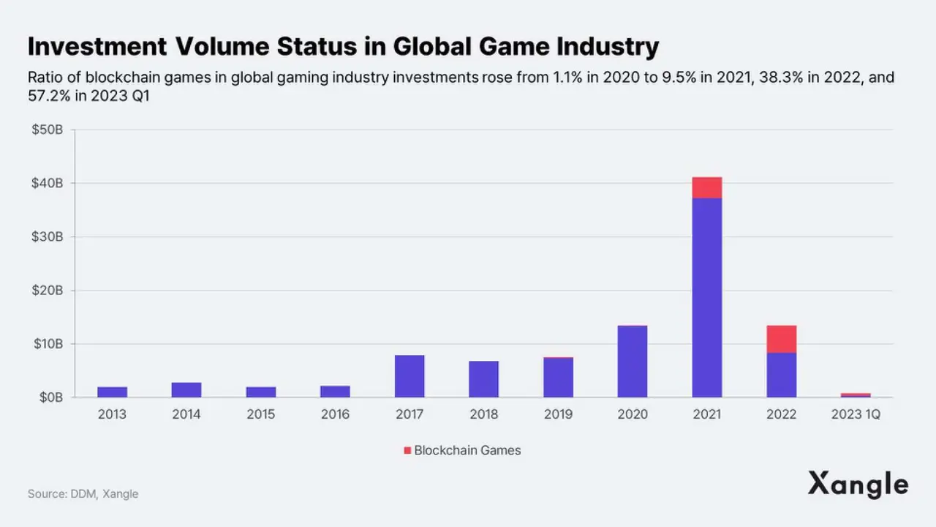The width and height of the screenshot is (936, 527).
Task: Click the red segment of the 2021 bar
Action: [706, 187]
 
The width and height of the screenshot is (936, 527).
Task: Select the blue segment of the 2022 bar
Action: [781, 375]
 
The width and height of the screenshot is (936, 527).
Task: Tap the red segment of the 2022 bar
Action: [781, 339]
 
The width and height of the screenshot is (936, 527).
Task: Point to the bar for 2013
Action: [112, 392]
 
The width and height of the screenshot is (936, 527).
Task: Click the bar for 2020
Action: [633, 362]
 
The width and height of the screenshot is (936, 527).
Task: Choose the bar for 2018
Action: [483, 379]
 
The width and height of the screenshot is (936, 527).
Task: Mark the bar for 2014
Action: [186, 389]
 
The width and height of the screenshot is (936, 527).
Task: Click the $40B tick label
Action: [48, 183]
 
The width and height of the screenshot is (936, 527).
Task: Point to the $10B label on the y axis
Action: [48, 344]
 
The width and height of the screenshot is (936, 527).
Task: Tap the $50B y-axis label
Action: [48, 130]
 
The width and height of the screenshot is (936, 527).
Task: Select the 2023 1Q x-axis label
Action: [856, 414]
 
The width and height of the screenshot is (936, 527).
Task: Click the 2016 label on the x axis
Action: [335, 414]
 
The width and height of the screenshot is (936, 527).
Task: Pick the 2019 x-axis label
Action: [558, 414]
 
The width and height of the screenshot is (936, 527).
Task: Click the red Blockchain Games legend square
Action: [407, 450]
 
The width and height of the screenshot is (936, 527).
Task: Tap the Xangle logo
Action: [858, 485]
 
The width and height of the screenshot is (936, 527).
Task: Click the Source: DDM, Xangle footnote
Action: [83, 494]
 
